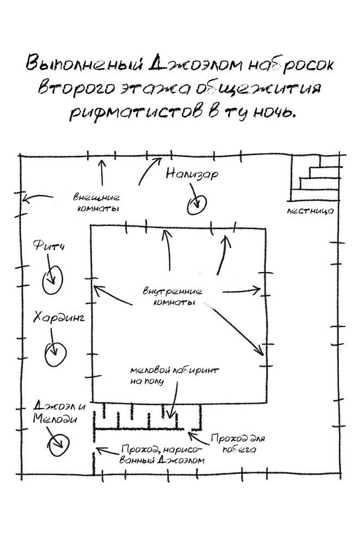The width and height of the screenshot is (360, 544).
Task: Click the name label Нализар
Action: [x=192, y=175]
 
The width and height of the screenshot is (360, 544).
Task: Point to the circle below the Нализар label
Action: [x=196, y=203]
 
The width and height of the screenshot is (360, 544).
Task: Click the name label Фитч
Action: [x=49, y=248]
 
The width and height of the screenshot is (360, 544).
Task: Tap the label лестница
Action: [x=310, y=211]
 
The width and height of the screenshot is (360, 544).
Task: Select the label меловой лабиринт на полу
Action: [x=173, y=375]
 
